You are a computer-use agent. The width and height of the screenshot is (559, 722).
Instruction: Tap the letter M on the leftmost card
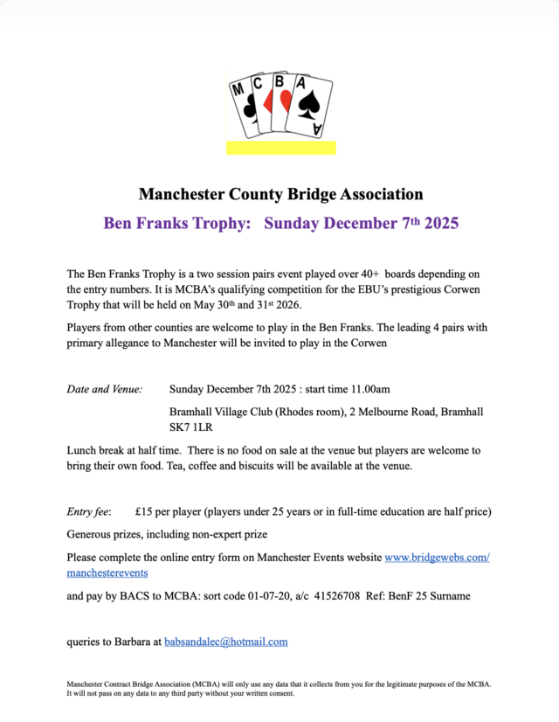pyautogui.click(x=237, y=89)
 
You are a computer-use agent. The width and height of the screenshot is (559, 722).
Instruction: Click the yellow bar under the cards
pyautogui.click(x=280, y=147)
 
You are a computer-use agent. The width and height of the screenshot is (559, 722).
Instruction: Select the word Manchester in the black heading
pyautogui.click(x=182, y=194)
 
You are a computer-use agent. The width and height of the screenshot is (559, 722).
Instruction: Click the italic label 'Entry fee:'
pyautogui.click(x=89, y=511)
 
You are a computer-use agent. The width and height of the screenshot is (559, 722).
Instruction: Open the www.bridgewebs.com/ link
pyautogui.click(x=437, y=557)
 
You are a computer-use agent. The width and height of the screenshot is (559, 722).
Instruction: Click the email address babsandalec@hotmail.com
pyautogui.click(x=226, y=642)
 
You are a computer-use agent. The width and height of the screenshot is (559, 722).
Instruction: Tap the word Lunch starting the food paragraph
pyautogui.click(x=83, y=450)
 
